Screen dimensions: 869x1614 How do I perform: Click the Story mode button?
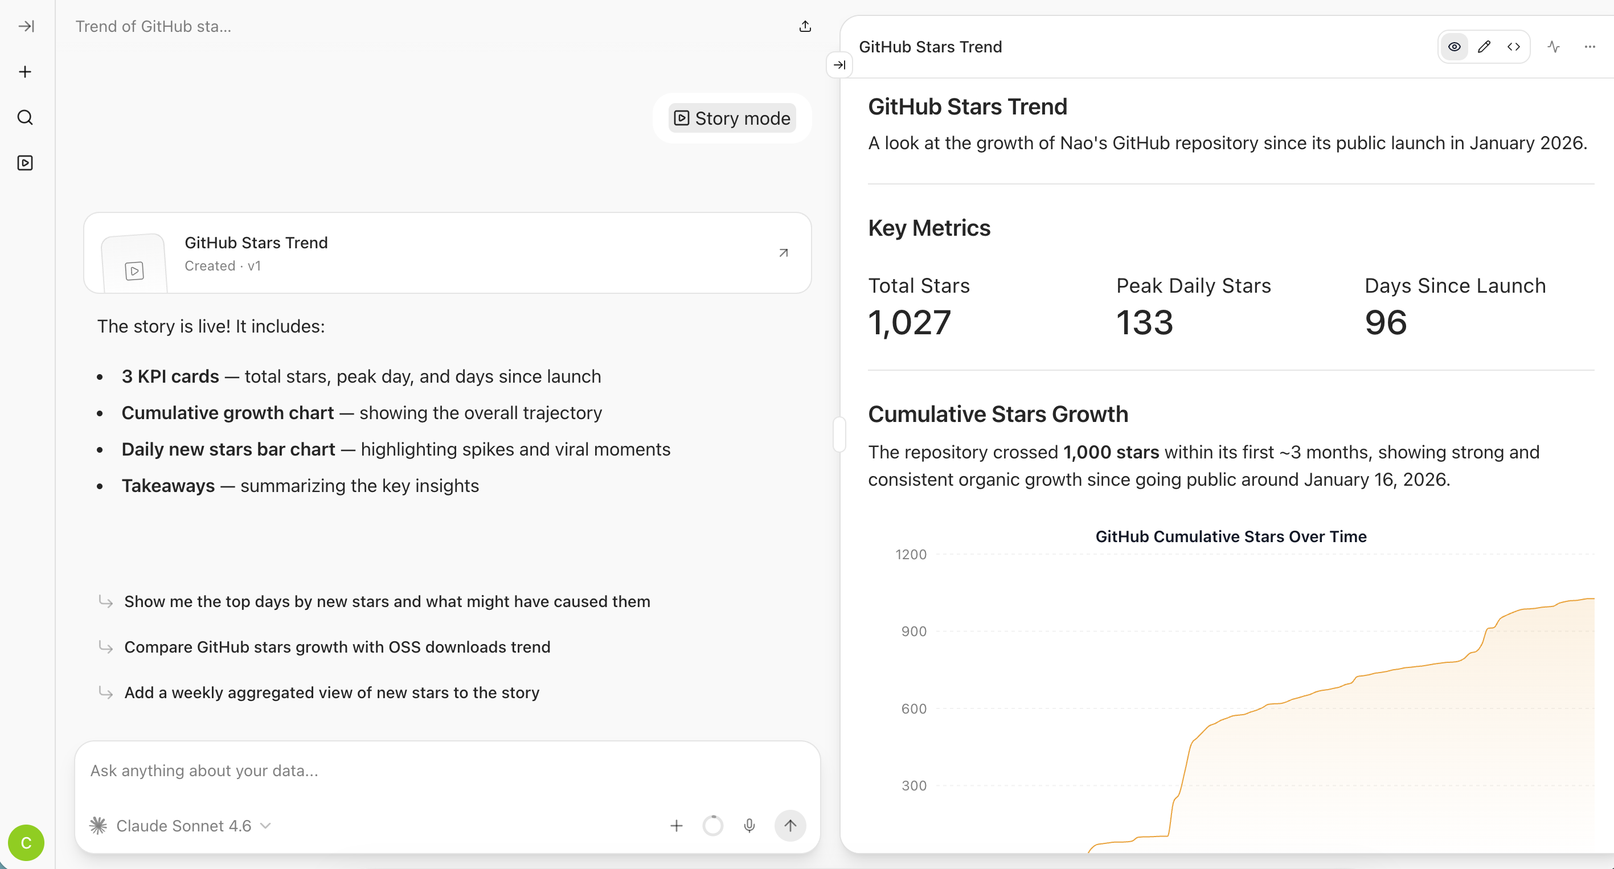point(732,118)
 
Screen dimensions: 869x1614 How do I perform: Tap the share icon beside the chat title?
point(805,26)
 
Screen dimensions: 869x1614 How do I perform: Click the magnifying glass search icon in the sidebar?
point(25,117)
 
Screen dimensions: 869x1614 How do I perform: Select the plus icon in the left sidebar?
point(25,72)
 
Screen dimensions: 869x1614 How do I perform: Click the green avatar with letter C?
point(26,843)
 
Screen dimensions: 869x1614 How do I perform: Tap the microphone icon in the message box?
point(749,826)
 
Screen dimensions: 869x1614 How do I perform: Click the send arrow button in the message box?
point(790,826)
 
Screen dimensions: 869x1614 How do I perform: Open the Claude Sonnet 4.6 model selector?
point(182,826)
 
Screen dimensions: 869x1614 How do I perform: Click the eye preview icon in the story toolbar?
point(1454,47)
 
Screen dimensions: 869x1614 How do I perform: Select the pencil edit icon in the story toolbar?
point(1484,47)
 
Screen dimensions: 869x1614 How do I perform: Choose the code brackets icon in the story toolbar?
point(1514,47)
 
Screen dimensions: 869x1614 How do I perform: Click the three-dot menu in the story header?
point(1590,47)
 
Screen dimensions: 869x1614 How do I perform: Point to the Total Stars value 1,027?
point(909,323)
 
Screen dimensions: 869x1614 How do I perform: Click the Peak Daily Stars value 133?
point(1144,323)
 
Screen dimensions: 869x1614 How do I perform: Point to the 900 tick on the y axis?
point(913,632)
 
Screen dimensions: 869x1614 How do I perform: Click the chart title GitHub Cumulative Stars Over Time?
point(1231,536)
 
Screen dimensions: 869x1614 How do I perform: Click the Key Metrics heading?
point(929,228)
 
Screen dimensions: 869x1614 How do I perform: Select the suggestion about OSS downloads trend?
point(337,647)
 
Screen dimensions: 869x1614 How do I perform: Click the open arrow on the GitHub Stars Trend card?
point(783,253)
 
